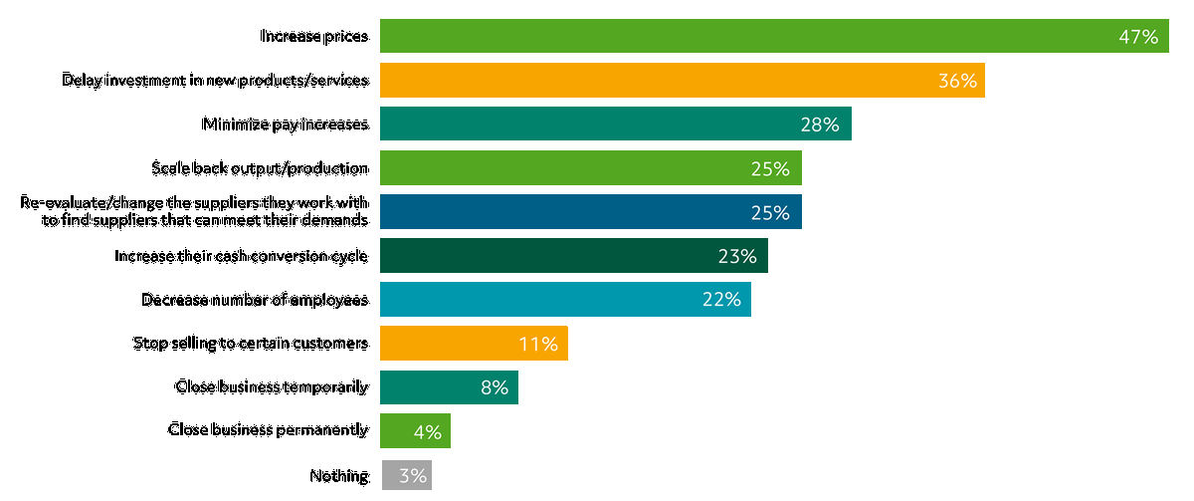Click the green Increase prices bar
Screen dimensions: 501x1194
pos(746,36)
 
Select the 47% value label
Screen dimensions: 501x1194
pos(1138,37)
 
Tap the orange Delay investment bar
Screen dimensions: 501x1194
pos(657,80)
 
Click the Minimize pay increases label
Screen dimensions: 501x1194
pos(286,125)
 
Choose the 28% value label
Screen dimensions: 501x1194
pos(820,125)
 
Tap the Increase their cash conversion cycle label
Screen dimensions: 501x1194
pos(242,256)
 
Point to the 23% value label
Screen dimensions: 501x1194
pos(737,256)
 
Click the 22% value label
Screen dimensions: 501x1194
pos(720,300)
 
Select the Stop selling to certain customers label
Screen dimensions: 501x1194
pos(251,344)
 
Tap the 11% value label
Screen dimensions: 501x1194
pos(538,344)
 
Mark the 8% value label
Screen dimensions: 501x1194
pos(495,387)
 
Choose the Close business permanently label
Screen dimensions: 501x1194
pos(269,430)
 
